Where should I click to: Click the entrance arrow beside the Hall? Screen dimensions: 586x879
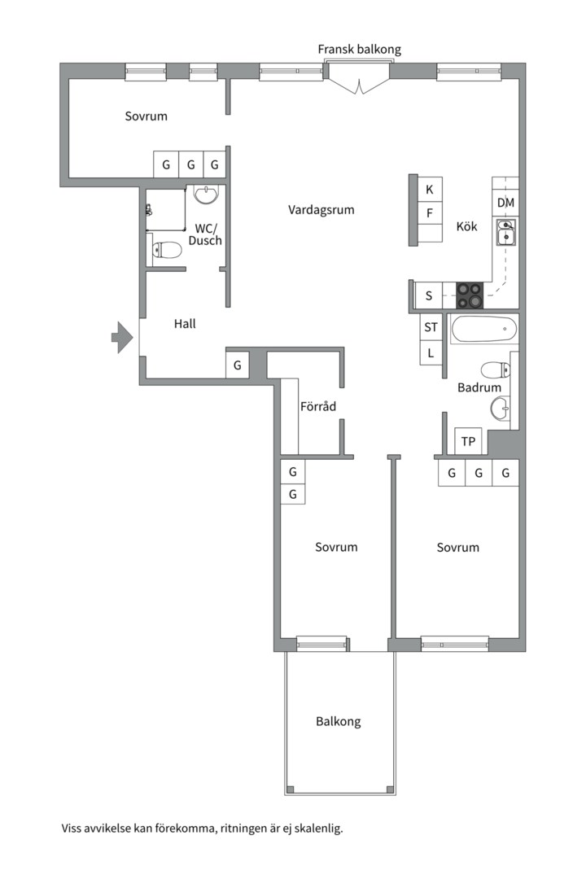click(122, 338)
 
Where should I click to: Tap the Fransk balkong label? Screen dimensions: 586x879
click(360, 50)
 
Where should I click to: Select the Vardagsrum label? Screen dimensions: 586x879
click(321, 210)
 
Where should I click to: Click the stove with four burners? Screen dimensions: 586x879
click(470, 295)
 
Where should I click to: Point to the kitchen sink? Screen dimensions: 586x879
click(505, 233)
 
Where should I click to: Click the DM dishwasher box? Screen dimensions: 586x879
click(505, 203)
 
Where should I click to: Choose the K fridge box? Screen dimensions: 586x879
click(430, 190)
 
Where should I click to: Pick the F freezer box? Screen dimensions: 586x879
click(430, 213)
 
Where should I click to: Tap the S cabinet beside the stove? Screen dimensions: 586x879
click(429, 295)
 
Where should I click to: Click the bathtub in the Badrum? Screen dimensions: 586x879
click(484, 330)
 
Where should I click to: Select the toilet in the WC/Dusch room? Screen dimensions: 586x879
click(164, 250)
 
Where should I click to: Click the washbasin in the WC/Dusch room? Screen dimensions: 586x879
click(208, 194)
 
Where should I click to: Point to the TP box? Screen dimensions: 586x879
click(468, 441)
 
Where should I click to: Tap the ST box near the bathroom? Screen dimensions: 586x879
click(431, 327)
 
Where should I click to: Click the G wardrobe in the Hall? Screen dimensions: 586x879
click(237, 365)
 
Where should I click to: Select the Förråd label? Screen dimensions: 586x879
click(318, 406)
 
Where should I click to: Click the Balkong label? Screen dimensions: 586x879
click(338, 721)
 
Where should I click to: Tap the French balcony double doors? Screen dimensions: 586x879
click(359, 85)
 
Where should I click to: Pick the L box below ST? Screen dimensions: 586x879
click(431, 353)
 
